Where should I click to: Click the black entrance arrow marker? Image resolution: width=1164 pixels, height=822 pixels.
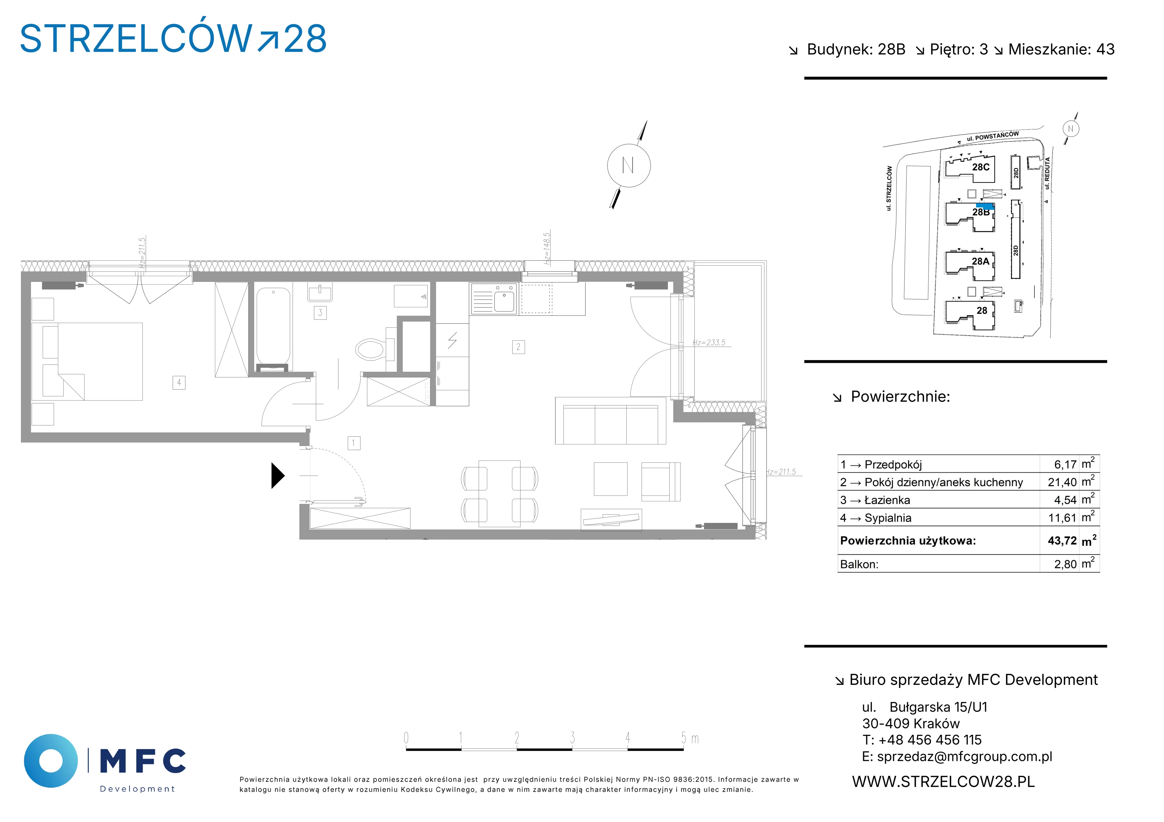278,476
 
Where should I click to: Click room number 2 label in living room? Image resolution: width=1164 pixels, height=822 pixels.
518,347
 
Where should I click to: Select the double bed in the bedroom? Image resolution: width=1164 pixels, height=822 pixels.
87,361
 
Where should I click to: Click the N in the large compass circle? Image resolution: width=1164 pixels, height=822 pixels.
628,166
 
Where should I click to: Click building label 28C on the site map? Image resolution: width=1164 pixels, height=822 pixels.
981,167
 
